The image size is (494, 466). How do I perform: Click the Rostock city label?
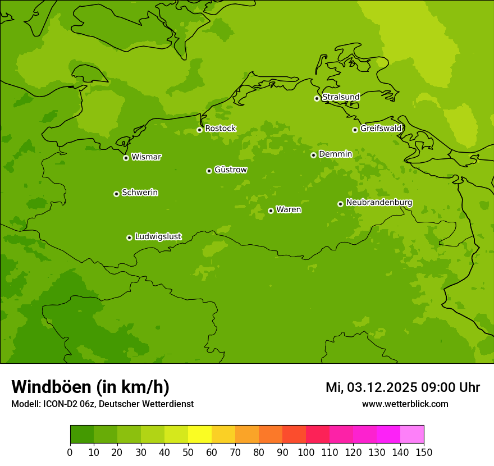coord(220,129)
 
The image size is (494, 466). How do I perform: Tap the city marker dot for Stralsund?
coord(317,98)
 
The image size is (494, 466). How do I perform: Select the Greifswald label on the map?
coord(381,129)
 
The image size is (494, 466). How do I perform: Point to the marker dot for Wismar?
coord(126,158)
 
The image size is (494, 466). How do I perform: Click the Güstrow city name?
coord(230,170)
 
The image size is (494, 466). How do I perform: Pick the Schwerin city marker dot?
coord(117,194)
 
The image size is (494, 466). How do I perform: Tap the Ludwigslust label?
coord(158,237)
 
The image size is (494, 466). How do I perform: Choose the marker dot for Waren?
coord(271,211)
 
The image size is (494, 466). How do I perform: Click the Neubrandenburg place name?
coord(379,203)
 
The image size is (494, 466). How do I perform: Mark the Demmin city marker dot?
coord(313,155)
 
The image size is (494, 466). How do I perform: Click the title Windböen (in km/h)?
coord(90,387)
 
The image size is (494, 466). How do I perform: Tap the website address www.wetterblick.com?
coord(405,404)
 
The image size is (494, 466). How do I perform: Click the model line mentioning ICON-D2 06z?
coord(102,404)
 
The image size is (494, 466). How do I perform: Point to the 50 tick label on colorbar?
coord(188,453)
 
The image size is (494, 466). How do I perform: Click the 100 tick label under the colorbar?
coord(306,453)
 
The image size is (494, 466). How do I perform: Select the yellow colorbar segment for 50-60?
coord(200,435)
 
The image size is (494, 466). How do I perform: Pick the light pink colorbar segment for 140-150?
coord(412,435)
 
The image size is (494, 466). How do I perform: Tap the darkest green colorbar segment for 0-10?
coord(82,435)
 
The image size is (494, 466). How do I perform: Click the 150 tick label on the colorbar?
coord(424,453)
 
